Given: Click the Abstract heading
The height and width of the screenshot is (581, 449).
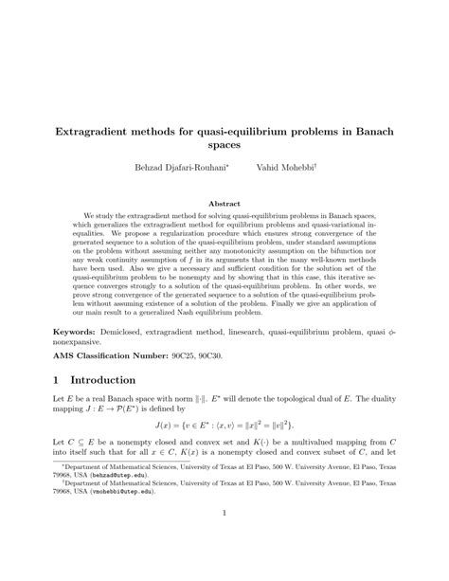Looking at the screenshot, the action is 224,202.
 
